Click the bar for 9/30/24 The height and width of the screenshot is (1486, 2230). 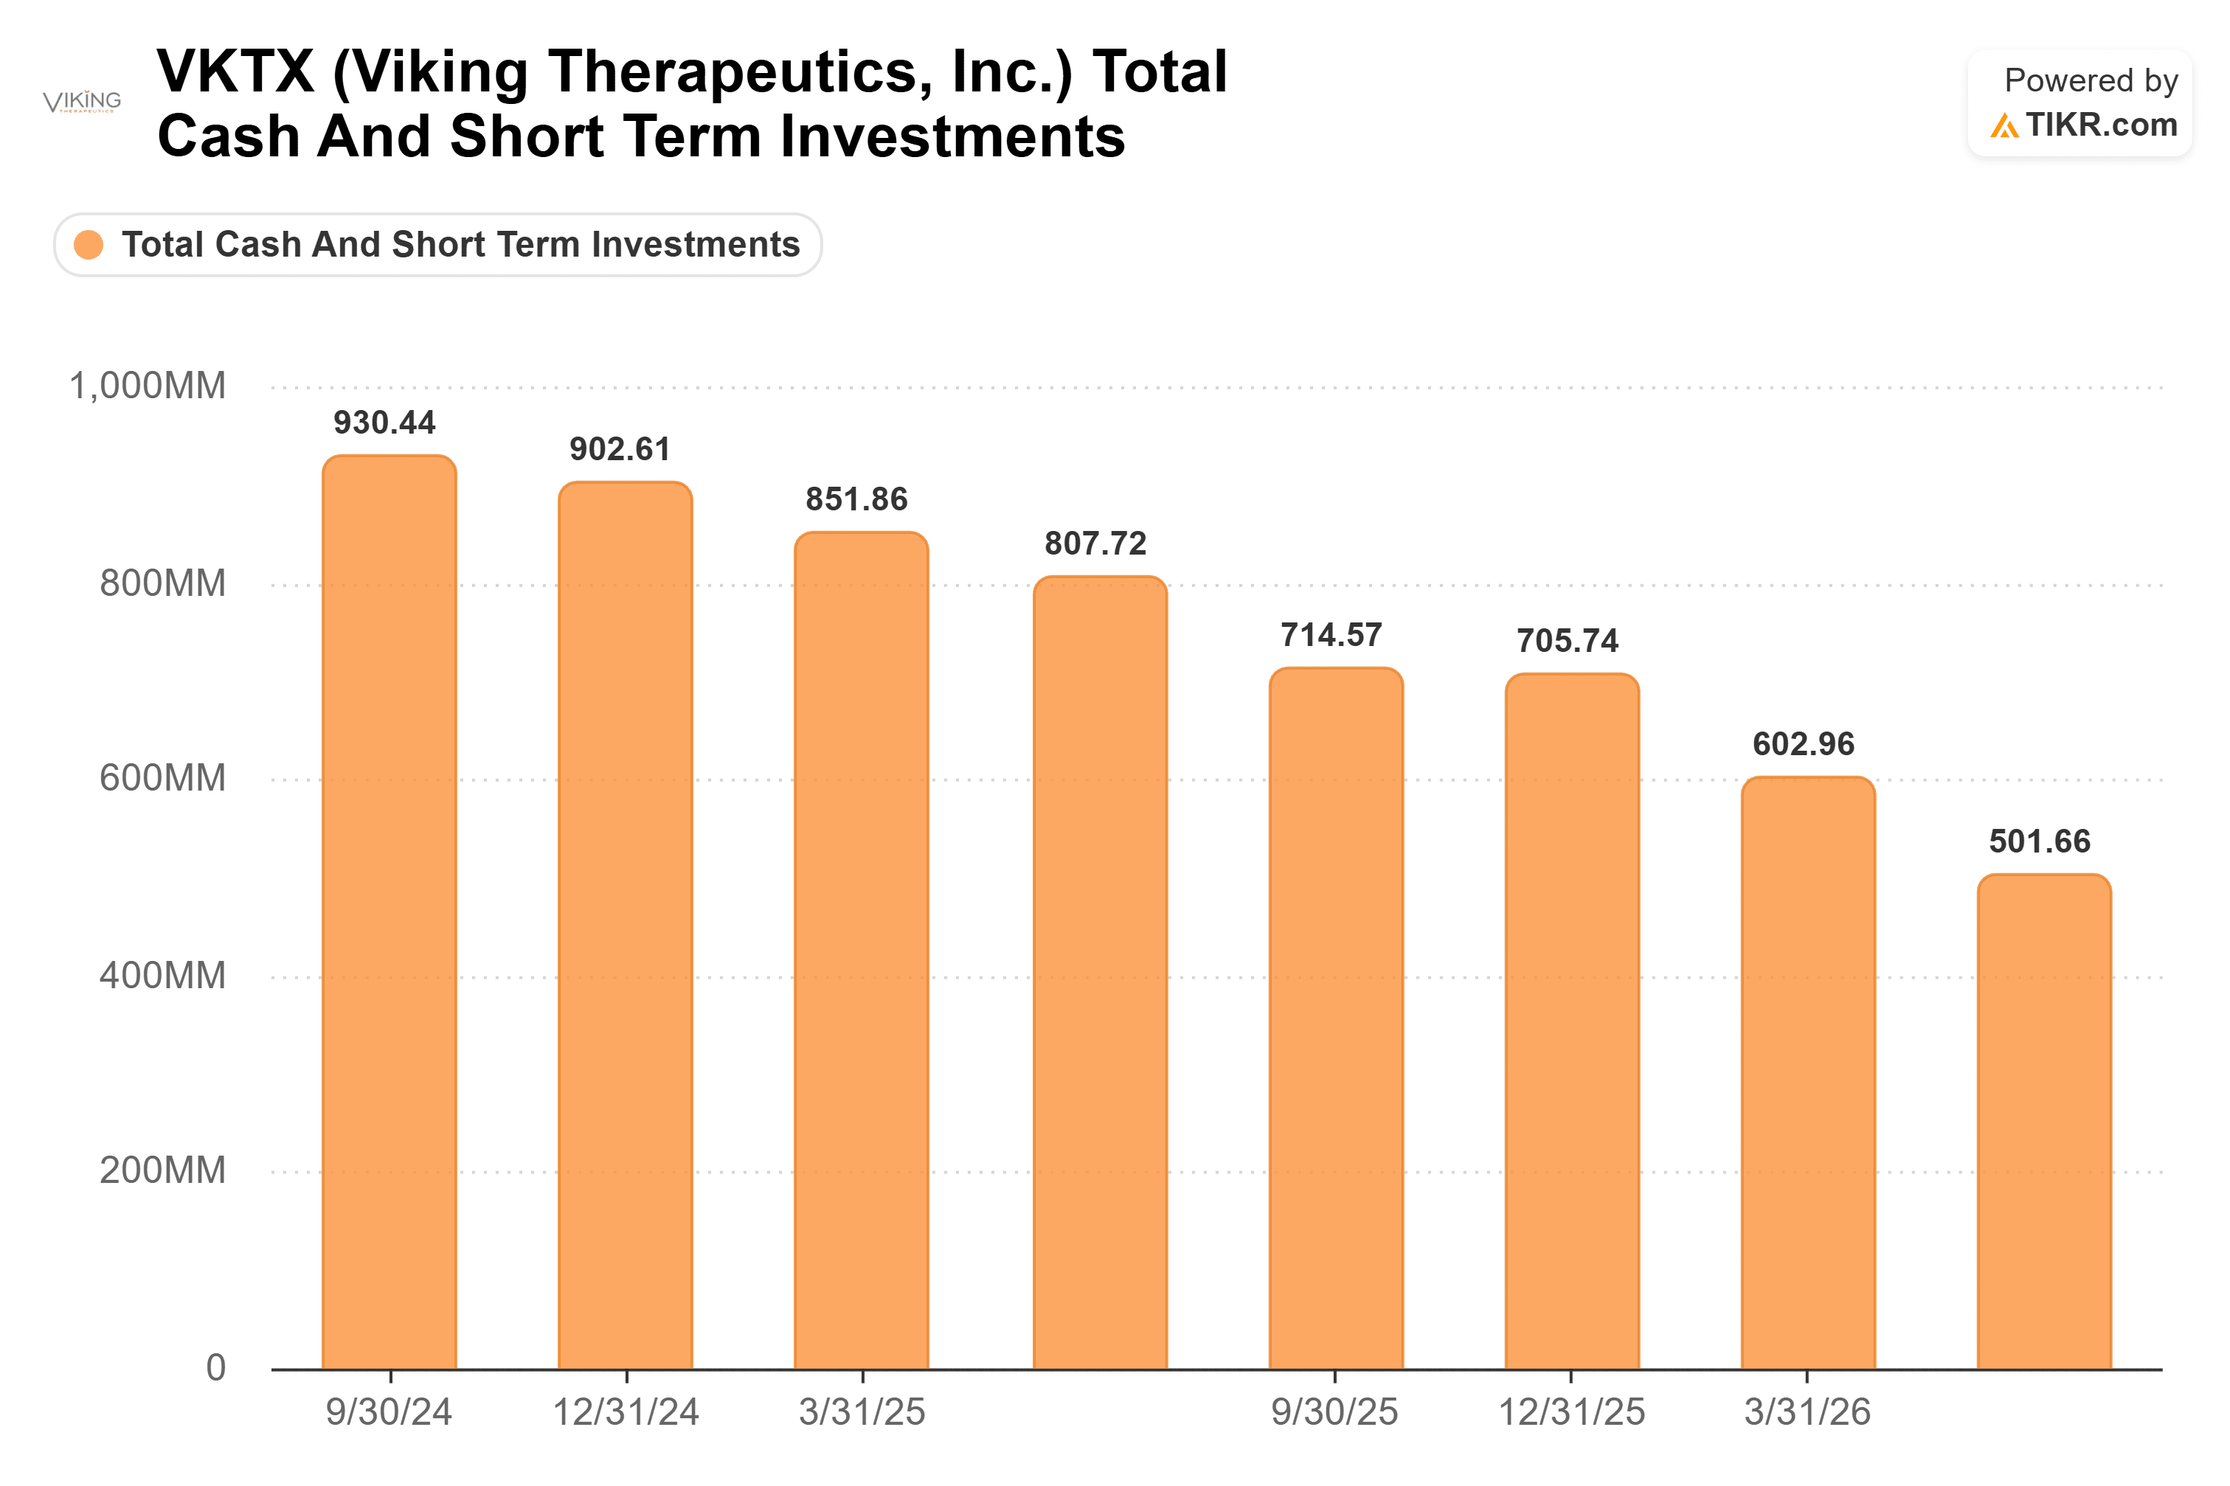pyautogui.click(x=389, y=912)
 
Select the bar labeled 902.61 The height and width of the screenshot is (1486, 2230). pyautogui.click(x=625, y=925)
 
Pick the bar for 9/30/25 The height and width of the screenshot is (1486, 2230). pyautogui.click(x=1335, y=1018)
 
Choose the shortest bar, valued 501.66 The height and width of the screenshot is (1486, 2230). pyautogui.click(x=2043, y=1121)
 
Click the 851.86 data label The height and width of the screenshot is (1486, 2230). pyautogui.click(x=856, y=499)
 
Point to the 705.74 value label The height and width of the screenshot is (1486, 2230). pyautogui.click(x=1567, y=641)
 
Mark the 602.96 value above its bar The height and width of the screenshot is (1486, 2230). pyautogui.click(x=1803, y=744)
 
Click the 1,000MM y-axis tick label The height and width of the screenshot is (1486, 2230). pyautogui.click(x=148, y=386)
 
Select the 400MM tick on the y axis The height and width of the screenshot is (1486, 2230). pyautogui.click(x=163, y=975)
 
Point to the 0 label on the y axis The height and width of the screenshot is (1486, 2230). pyautogui.click(x=216, y=1367)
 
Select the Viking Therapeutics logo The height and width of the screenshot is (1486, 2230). pyautogui.click(x=83, y=100)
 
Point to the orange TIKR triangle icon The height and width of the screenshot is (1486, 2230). pyautogui.click(x=2004, y=126)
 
